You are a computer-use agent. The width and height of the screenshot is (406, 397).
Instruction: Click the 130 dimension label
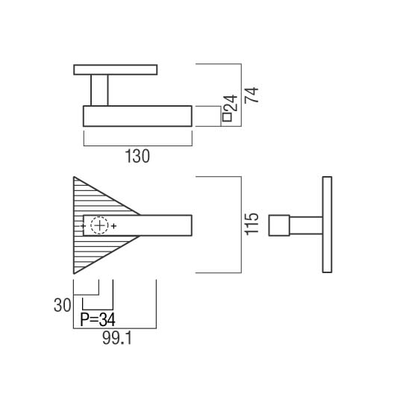pos(137,156)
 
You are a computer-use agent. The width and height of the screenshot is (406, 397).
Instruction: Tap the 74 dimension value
pos(252,95)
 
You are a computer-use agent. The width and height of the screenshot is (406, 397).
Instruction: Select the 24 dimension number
pos(230,103)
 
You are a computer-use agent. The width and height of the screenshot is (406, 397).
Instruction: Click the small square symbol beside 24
pos(227,117)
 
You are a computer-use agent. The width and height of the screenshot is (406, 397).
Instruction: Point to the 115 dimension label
pos(252,224)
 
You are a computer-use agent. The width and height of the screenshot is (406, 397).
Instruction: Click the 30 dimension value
pos(62,305)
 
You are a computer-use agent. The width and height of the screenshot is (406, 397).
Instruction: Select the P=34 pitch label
pos(98,319)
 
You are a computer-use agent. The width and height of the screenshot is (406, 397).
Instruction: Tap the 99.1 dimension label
pos(117,338)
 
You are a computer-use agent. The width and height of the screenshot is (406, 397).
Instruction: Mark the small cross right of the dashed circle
pos(113,226)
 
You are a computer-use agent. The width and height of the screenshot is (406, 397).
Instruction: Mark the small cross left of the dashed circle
pos(83,226)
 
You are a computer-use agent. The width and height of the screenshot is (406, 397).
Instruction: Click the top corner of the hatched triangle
pos(74,177)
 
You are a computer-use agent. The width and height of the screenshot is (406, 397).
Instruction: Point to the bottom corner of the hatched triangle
pos(74,273)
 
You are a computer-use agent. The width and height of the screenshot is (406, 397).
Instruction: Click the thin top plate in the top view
pos(116,69)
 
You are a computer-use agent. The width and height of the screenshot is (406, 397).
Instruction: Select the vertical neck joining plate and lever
pos(99,90)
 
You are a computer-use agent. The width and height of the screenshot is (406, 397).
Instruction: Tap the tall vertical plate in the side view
pos(327,225)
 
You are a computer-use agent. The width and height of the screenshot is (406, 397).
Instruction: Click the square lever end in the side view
pos(279,225)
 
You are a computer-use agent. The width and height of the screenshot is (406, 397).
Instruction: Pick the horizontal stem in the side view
pos(306,225)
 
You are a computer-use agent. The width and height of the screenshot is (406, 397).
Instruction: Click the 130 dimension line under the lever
pos(138,146)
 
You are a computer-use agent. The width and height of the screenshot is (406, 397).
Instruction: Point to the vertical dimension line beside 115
pos(241,225)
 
